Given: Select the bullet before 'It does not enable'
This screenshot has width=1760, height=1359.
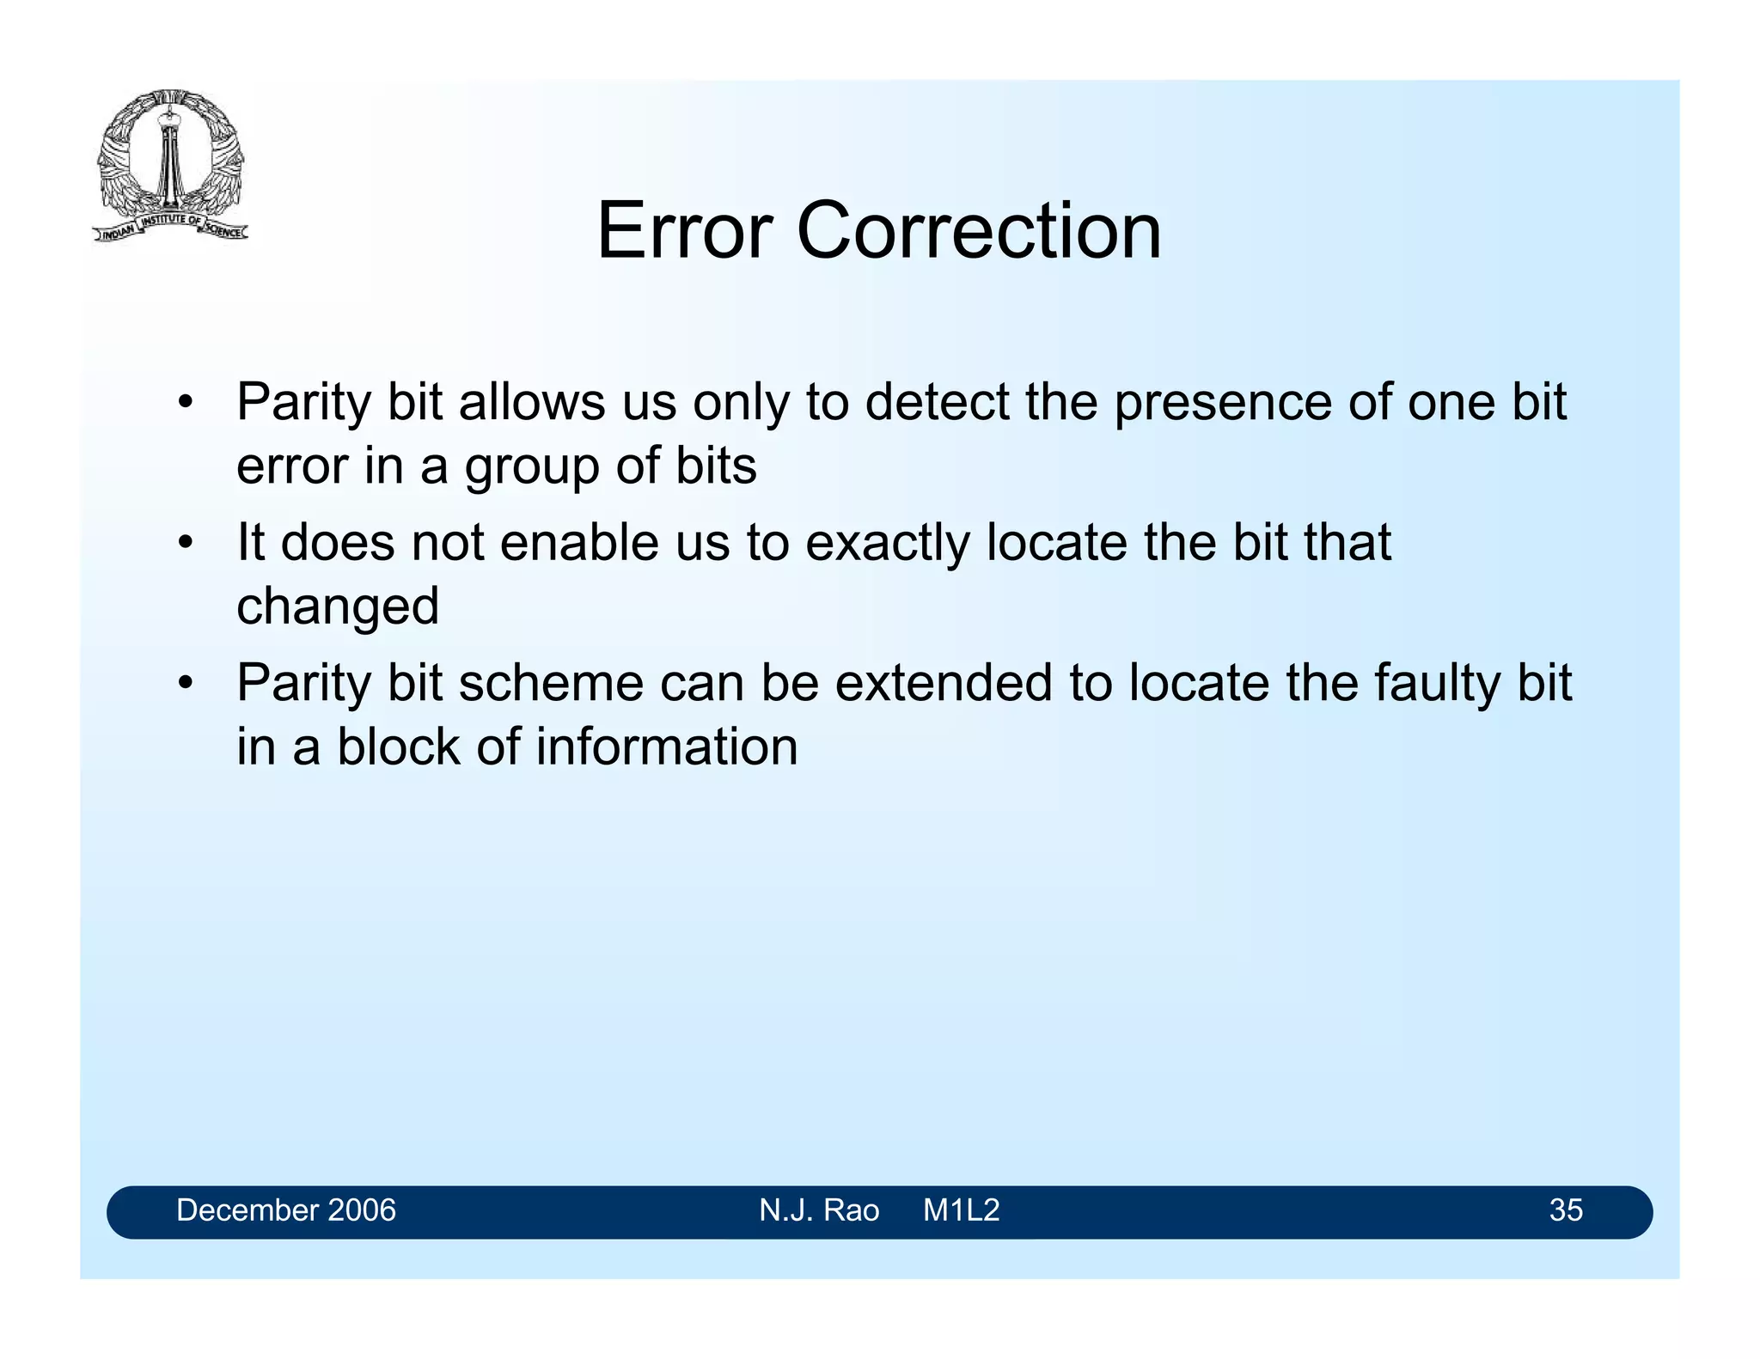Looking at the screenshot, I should [185, 543].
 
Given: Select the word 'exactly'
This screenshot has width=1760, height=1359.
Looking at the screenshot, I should [887, 543].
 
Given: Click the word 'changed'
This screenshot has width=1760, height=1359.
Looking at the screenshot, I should [338, 606].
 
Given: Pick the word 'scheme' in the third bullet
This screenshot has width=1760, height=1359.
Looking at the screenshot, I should [550, 683].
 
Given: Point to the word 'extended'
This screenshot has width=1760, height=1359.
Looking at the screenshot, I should [944, 683].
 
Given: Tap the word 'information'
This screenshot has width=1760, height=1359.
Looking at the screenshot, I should [667, 747].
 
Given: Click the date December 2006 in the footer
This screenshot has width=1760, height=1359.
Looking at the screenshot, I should [286, 1210].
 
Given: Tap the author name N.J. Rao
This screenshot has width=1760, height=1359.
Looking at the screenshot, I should [819, 1210].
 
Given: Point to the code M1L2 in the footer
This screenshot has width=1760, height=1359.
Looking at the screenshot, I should [961, 1210].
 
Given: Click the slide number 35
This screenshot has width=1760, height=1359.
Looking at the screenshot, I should [1566, 1210].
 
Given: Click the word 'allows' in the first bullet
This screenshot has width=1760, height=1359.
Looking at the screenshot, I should [532, 402].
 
